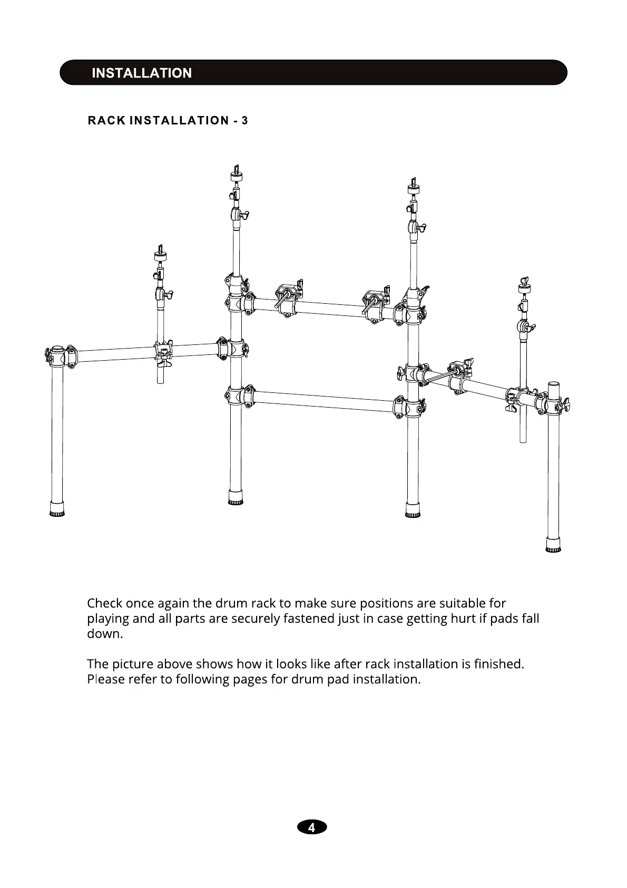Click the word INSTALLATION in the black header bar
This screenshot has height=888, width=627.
point(141,73)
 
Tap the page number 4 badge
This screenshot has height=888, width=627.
point(312,827)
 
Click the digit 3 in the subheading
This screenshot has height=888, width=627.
point(244,121)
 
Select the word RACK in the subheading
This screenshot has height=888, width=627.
point(106,121)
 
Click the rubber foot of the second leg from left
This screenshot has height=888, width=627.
point(236,497)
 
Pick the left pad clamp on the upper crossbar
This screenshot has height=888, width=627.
point(288,300)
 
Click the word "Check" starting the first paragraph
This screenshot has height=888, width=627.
point(104,603)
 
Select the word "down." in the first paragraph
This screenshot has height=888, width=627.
point(104,634)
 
